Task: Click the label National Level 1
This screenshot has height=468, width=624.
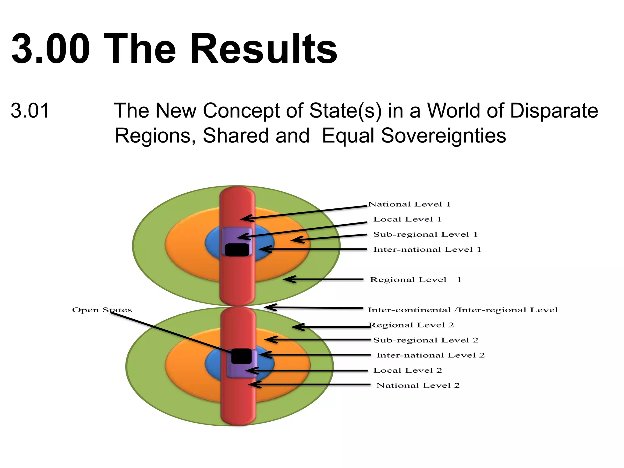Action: (409, 204)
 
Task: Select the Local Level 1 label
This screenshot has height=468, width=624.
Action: (407, 219)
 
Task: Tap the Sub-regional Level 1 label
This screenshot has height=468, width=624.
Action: (425, 234)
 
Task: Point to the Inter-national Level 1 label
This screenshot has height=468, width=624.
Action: (427, 250)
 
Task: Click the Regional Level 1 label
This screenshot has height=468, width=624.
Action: (415, 280)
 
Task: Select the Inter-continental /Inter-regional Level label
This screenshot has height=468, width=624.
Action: (463, 310)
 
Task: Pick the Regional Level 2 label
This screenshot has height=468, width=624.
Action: (411, 325)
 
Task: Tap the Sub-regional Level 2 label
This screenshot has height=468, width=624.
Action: (426, 340)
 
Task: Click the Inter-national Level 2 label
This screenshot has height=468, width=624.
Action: (431, 355)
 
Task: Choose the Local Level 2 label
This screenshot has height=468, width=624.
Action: (408, 370)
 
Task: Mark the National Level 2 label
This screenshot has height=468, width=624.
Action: (418, 385)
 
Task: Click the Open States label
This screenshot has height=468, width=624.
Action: (102, 310)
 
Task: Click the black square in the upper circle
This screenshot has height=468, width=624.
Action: (237, 250)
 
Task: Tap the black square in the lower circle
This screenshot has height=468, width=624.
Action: (241, 356)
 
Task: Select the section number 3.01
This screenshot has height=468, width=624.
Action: (30, 111)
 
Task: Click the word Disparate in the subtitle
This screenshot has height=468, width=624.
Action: (554, 111)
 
